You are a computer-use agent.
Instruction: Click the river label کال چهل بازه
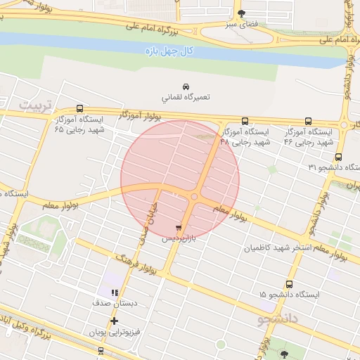click(x=167, y=49)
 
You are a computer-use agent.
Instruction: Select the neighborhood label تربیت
click(x=35, y=105)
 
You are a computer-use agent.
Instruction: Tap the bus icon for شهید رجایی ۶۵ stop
click(x=79, y=109)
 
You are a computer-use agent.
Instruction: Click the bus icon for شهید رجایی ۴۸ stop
click(x=245, y=121)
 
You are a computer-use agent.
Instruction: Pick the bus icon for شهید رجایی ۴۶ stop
click(x=309, y=121)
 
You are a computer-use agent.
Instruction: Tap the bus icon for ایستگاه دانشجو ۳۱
click(x=339, y=157)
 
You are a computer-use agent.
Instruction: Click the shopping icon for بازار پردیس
click(x=179, y=228)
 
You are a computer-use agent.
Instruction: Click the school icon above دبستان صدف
click(x=114, y=292)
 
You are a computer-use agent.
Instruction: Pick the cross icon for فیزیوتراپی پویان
click(x=114, y=321)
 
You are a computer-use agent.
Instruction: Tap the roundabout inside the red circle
click(x=194, y=197)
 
